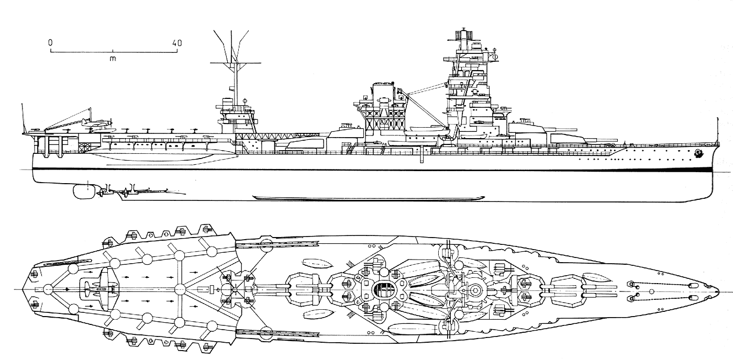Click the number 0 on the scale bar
[50, 43]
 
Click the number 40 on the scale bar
[176, 43]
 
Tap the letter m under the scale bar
[113, 58]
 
